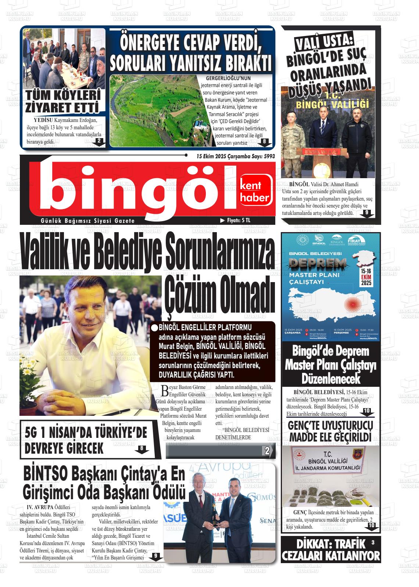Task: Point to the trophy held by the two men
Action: pyautogui.click(x=214, y=512)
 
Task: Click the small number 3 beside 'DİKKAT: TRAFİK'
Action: pyautogui.click(x=373, y=542)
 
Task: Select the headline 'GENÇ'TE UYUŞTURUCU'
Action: pyautogui.click(x=330, y=426)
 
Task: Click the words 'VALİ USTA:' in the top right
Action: pyautogui.click(x=324, y=43)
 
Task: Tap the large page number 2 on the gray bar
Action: pyautogui.click(x=267, y=451)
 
